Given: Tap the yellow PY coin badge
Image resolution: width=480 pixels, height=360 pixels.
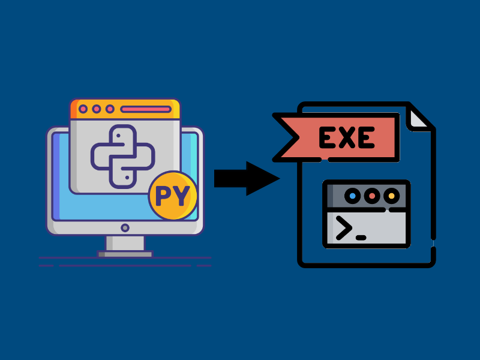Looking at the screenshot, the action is [x=173, y=196].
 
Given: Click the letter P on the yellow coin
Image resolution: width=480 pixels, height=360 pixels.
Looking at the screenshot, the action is [x=164, y=196].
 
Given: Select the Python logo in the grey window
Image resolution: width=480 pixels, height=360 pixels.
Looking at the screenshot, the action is [x=123, y=155].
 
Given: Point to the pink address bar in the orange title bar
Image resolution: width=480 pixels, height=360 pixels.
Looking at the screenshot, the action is [x=145, y=109].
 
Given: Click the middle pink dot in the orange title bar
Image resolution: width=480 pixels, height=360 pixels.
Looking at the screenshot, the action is [x=97, y=109].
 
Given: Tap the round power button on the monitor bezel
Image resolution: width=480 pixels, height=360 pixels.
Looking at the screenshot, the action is [x=125, y=228].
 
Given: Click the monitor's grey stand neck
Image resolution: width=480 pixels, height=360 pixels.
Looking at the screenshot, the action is [x=125, y=243].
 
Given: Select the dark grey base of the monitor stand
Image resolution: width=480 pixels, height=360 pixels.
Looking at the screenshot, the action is [x=125, y=254].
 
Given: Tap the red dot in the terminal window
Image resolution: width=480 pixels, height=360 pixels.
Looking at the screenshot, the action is [x=372, y=196].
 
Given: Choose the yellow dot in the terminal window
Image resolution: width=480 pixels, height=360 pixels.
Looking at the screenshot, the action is [x=391, y=196].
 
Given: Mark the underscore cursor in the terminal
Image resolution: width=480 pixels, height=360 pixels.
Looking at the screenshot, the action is [x=361, y=238].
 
